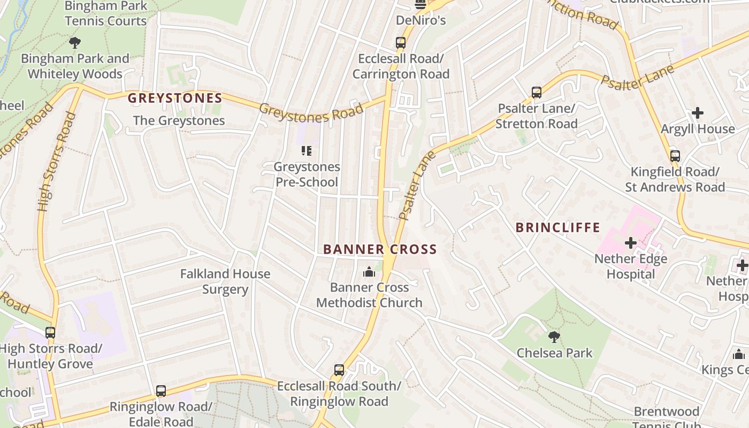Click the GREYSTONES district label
click(x=175, y=98)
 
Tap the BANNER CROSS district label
click(x=380, y=249)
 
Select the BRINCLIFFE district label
click(x=558, y=227)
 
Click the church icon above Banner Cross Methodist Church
click(x=369, y=272)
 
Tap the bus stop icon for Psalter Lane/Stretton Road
click(x=537, y=93)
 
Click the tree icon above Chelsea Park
click(x=554, y=337)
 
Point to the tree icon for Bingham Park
click(x=75, y=43)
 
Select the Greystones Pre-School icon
click(x=307, y=151)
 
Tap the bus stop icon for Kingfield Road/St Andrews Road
click(x=675, y=156)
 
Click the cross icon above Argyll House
click(x=698, y=113)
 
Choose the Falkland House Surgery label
click(x=225, y=281)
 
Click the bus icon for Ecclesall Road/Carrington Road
click(x=400, y=43)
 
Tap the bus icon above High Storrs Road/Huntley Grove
click(x=50, y=333)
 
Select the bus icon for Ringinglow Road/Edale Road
click(x=161, y=391)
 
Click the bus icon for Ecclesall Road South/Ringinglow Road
click(x=339, y=370)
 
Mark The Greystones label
click(x=179, y=120)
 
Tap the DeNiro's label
click(x=421, y=21)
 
